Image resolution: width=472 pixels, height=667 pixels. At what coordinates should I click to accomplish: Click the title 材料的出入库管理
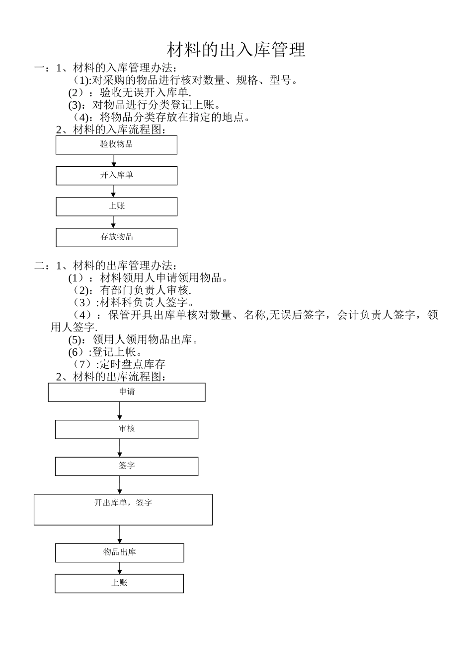236,50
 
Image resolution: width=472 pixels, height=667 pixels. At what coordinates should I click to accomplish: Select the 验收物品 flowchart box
116,145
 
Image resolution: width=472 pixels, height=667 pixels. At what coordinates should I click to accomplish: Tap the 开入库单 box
116,176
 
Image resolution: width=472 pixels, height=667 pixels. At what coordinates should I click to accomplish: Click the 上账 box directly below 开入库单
116,206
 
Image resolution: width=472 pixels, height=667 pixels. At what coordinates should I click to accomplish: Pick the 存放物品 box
116,237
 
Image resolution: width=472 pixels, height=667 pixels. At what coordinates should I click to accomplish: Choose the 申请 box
127,392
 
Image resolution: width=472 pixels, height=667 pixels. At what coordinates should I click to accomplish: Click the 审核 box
127,429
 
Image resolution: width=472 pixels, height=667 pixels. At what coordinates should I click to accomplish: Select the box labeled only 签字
127,467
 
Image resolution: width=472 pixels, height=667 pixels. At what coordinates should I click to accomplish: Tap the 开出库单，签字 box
123,509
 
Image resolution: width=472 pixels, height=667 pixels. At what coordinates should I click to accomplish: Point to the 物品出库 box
119,553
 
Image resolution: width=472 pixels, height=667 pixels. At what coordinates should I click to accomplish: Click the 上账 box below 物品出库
119,583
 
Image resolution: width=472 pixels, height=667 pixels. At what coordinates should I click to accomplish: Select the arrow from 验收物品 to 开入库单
114,160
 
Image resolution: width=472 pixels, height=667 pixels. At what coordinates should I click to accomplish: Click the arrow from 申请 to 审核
120,411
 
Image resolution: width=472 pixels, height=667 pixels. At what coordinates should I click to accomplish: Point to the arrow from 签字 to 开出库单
120,485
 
